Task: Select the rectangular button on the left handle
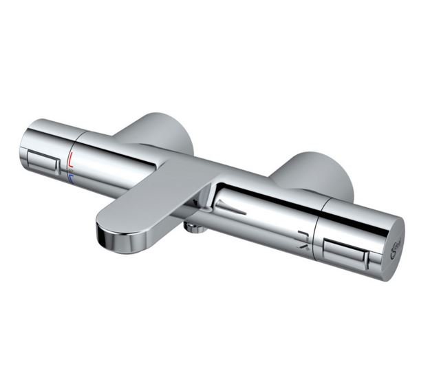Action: (43, 162)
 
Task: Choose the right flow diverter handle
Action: (351, 234)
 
